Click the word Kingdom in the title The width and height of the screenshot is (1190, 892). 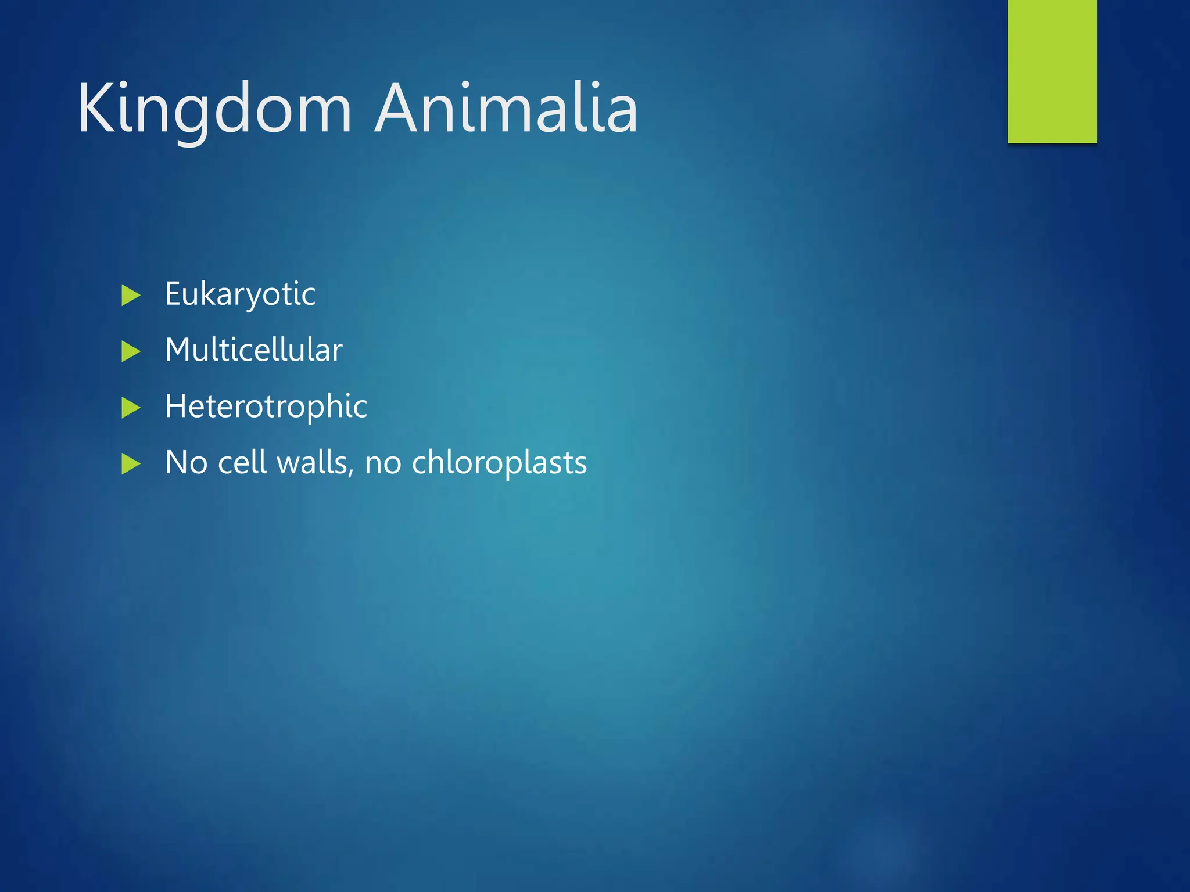(215, 109)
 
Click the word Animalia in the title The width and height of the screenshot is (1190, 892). (507, 109)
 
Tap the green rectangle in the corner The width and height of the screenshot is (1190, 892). (1052, 71)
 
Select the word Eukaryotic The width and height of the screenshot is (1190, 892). (240, 294)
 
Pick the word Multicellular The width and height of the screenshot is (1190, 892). (253, 350)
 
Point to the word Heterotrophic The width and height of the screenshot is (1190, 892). (266, 407)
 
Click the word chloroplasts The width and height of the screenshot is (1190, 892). (499, 463)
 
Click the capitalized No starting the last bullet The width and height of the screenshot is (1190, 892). (186, 463)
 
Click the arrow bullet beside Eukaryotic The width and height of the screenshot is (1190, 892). (131, 296)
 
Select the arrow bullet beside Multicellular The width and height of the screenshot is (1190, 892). (131, 351)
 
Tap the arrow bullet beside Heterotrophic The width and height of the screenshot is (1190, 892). (131, 408)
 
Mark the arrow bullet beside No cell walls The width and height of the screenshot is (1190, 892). (131, 464)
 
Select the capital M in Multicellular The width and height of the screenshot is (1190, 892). (178, 350)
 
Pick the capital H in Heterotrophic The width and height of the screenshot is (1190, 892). (175, 406)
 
